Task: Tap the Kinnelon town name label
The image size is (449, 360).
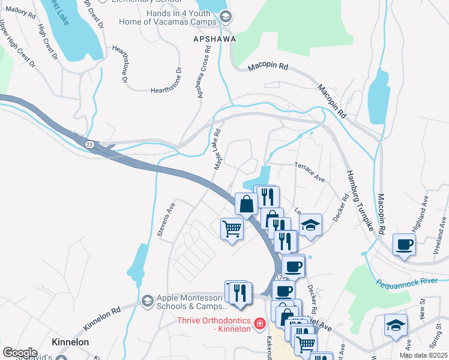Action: (x=70, y=342)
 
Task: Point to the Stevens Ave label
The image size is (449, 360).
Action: (x=166, y=219)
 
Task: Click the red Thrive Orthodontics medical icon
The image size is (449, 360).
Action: (x=259, y=324)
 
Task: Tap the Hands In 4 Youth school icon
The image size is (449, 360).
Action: (x=226, y=17)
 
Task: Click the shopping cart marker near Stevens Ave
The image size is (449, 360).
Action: (x=232, y=229)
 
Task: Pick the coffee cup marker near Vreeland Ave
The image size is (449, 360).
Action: (x=404, y=244)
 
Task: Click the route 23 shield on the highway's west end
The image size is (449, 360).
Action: (x=89, y=144)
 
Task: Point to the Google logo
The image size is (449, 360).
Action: (x=20, y=353)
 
